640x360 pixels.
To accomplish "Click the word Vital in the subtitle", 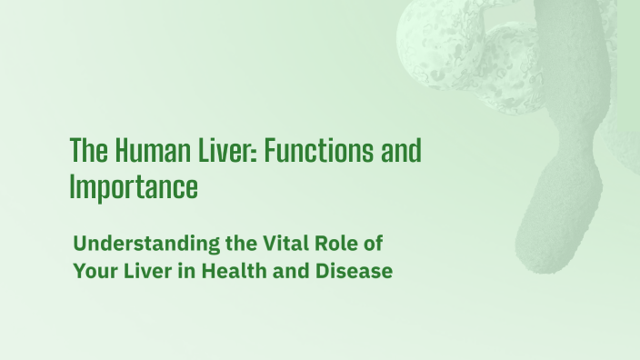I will click(264, 245).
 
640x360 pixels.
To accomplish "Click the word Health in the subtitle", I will click(231, 272).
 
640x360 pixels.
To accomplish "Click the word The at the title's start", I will click(85, 151).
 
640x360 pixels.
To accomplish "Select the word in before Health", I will click(185, 272).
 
